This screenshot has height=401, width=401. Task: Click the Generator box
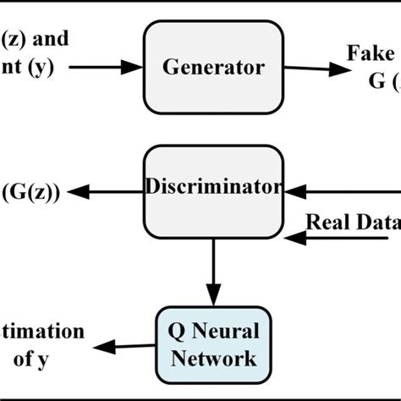click(x=212, y=66)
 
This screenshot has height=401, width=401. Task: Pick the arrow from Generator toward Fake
click(x=313, y=68)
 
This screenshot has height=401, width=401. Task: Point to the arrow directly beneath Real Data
click(x=338, y=240)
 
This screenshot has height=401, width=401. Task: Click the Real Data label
click(x=351, y=222)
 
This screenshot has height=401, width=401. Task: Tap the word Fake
click(x=372, y=53)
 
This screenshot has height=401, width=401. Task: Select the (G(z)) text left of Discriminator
click(x=30, y=192)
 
